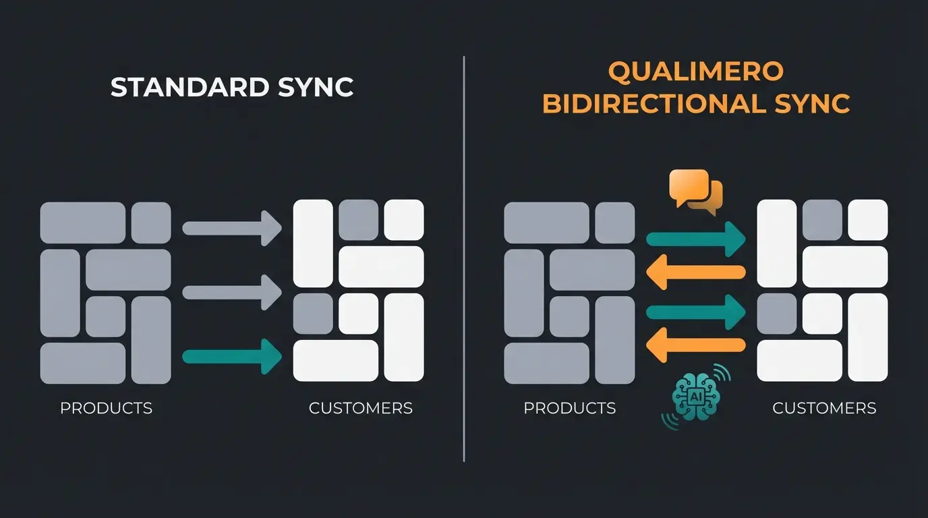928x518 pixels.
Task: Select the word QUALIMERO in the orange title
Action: click(x=695, y=70)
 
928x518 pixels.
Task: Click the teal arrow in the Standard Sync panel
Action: click(x=233, y=355)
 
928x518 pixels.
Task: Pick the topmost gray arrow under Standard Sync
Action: click(x=233, y=228)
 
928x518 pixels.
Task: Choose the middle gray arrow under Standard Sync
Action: click(x=233, y=292)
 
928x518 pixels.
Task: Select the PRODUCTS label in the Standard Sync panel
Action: click(x=106, y=408)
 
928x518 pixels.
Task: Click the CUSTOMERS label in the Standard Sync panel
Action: click(x=360, y=408)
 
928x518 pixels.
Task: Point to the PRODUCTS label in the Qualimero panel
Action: click(x=569, y=408)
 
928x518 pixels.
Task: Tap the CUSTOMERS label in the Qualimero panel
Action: click(x=823, y=408)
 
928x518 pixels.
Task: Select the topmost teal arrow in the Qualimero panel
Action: click(x=695, y=239)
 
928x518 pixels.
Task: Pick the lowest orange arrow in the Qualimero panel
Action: click(x=695, y=345)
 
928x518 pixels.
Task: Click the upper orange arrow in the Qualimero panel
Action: click(x=695, y=272)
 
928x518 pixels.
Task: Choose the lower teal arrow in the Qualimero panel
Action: click(x=695, y=312)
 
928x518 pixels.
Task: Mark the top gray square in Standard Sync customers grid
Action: click(x=358, y=219)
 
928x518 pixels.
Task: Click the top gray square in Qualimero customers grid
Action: click(x=822, y=219)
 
